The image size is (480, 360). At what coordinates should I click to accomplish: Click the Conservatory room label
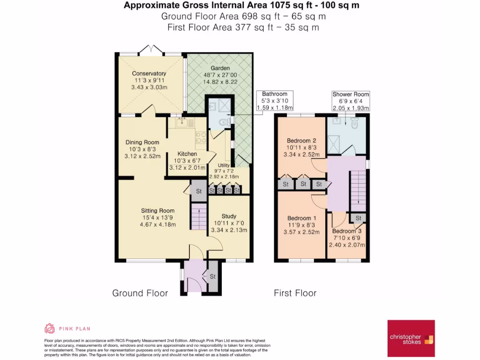tap(149, 74)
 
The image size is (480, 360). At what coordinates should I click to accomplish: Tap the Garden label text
tap(220, 68)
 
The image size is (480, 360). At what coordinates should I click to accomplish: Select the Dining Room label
tap(142, 142)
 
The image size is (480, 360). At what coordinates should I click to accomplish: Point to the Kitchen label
tap(187, 154)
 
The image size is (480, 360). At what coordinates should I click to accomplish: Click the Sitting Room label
tap(157, 210)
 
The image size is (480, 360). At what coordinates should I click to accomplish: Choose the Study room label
tap(229, 216)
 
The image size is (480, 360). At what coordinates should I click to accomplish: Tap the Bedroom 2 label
tap(301, 141)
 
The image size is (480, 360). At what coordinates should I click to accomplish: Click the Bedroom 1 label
tap(301, 218)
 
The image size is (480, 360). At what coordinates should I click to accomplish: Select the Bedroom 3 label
tap(347, 231)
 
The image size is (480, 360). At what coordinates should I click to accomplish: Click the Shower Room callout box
tap(351, 101)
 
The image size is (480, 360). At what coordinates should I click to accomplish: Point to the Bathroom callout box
tap(275, 101)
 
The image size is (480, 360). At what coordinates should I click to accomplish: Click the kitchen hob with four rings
tap(201, 137)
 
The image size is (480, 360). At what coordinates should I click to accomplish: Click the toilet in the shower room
tap(355, 123)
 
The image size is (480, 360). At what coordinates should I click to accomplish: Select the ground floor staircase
tap(199, 216)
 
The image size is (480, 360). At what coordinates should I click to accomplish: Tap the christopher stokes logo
tap(411, 338)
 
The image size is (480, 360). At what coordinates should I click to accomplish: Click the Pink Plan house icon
tap(49, 329)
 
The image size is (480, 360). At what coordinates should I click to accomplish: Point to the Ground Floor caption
tap(140, 293)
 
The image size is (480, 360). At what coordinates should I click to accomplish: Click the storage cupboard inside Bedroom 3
tap(359, 218)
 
